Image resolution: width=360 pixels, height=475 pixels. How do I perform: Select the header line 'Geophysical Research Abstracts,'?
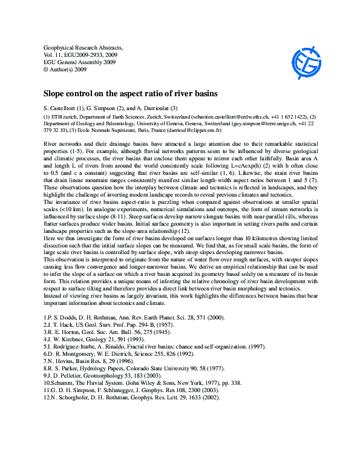(83, 47)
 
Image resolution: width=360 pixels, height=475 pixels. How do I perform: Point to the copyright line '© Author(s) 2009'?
(65, 70)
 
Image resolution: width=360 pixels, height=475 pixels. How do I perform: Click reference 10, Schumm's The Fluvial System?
(126, 383)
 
